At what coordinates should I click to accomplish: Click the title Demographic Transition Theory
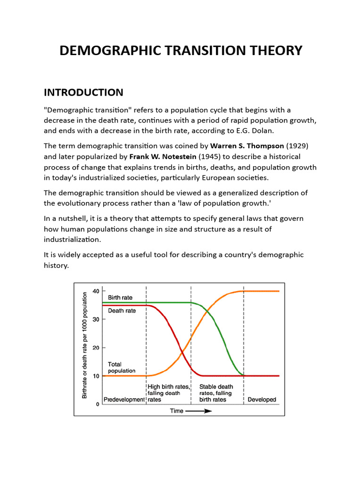click(x=181, y=50)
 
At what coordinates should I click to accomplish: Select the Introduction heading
click(x=83, y=92)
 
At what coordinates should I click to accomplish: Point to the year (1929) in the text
click(x=294, y=146)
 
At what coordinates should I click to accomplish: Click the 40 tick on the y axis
click(x=96, y=291)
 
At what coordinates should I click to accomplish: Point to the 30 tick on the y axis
click(x=96, y=319)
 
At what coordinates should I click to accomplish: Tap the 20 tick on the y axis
click(x=96, y=347)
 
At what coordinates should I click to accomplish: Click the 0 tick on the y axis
click(x=97, y=404)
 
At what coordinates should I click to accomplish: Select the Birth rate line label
click(x=120, y=297)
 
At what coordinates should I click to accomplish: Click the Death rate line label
click(x=122, y=311)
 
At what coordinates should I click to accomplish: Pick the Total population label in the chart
click(x=122, y=368)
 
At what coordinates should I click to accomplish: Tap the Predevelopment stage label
click(x=124, y=400)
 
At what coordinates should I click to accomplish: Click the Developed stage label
click(x=262, y=400)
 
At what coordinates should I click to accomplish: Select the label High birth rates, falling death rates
click(x=168, y=394)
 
